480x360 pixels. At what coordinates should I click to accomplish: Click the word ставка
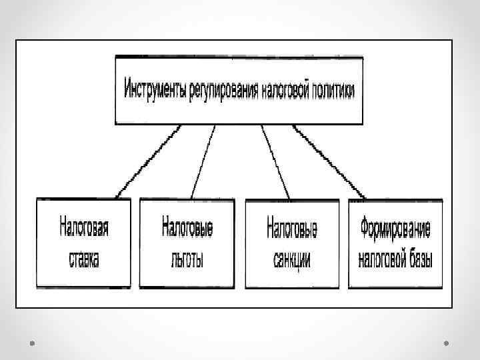[84, 260]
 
